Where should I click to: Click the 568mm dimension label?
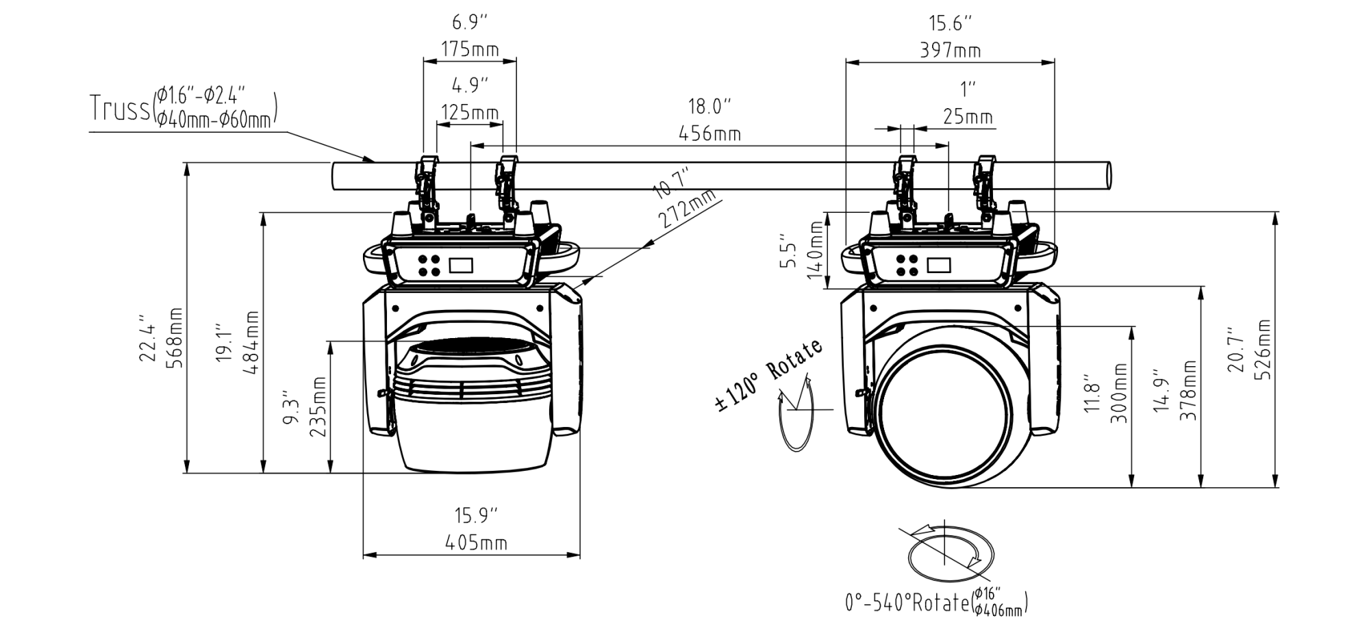tap(176, 338)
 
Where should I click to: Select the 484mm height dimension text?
tap(252, 342)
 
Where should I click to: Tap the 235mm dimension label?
tap(318, 407)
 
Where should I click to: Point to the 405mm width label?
tap(476, 543)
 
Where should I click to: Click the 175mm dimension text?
tap(469, 50)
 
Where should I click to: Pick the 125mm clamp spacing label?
tap(469, 112)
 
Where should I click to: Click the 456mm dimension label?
tap(709, 133)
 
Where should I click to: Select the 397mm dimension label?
tap(950, 51)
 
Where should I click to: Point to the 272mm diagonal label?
tap(688, 209)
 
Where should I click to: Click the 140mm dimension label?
tap(814, 250)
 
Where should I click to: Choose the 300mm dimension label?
tap(1118, 393)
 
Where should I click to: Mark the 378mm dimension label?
tap(1190, 390)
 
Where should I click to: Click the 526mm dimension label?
tap(1263, 349)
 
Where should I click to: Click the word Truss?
tap(119, 109)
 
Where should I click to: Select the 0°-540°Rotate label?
tap(908, 603)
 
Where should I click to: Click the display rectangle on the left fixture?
tap(460, 265)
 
